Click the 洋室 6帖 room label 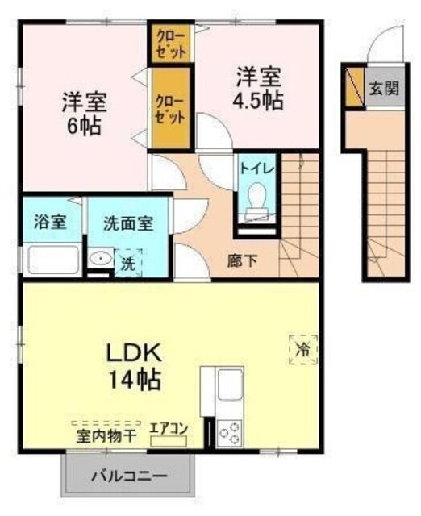point(84,114)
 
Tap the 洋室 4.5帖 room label point(258,89)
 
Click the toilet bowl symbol point(256,198)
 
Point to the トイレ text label point(257,169)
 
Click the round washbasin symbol point(101,260)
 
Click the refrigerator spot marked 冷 point(303,348)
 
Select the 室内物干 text point(105,435)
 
